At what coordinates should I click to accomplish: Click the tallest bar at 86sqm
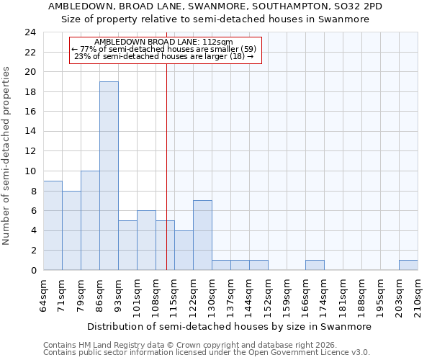(109, 176)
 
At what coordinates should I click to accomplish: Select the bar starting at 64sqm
(53, 225)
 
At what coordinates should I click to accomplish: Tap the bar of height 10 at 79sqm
(90, 220)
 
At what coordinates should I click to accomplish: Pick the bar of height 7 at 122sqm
(202, 235)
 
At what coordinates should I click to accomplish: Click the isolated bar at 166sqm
(315, 265)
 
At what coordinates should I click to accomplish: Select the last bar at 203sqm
(408, 265)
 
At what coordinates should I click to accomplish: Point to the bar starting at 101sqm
(146, 240)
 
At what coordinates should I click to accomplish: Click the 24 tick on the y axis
(30, 32)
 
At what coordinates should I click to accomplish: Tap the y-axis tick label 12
(30, 151)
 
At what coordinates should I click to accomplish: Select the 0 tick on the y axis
(33, 270)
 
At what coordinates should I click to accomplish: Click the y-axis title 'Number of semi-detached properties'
(7, 156)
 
